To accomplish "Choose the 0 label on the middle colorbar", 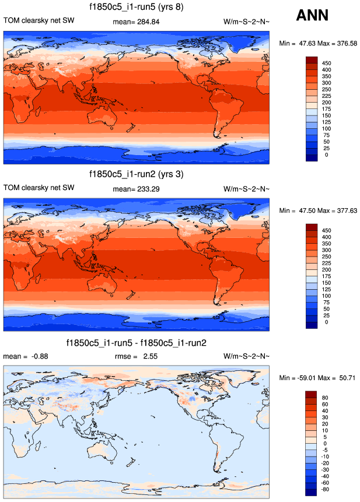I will [x=326, y=322].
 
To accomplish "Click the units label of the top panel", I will [x=246, y=22].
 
